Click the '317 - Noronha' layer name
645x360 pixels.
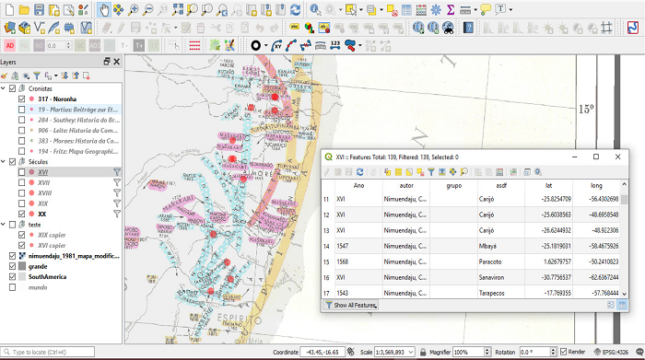click(x=57, y=99)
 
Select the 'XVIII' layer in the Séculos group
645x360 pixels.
click(x=44, y=193)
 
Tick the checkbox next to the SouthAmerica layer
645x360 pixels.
click(x=12, y=276)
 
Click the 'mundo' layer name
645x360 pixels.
click(x=38, y=286)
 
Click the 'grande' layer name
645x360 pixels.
click(x=40, y=265)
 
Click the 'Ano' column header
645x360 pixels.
click(x=358, y=186)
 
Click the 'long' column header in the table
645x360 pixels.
click(x=596, y=186)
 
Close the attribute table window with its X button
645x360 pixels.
click(x=618, y=157)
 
